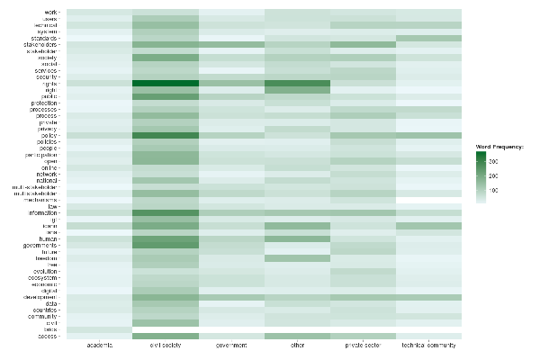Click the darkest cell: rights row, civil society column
[165, 84]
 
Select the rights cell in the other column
[297, 84]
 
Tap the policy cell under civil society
[165, 135]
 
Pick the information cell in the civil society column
[165, 212]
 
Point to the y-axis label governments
[43, 245]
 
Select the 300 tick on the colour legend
[496, 160]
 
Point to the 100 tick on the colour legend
[496, 191]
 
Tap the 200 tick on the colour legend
[496, 175]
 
